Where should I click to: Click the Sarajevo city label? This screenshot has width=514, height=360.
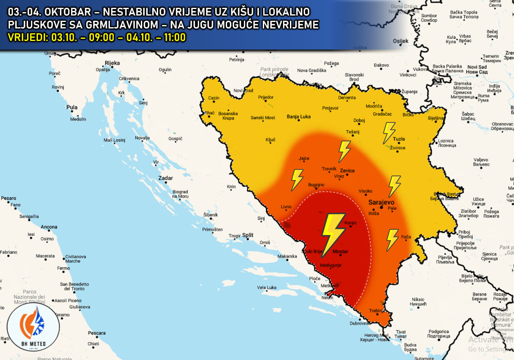tap(381, 201)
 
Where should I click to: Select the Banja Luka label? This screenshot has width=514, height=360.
tap(299, 116)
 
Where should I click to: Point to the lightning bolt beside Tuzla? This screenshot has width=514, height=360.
tap(389, 132)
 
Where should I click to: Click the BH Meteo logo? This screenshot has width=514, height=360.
tap(33, 328)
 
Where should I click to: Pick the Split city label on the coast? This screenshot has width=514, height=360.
tap(248, 235)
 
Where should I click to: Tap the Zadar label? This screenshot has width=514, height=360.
tap(165, 178)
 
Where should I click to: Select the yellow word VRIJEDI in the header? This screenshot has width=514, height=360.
tap(27, 38)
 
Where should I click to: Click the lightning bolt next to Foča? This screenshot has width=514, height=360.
tap(392, 239)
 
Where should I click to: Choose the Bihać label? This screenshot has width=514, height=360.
tap(209, 113)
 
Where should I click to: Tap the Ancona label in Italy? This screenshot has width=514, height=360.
tap(49, 227)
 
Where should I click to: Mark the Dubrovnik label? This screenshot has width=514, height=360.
tap(360, 323)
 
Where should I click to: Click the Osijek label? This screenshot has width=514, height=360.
tap(400, 41)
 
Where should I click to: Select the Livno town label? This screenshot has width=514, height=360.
tap(286, 207)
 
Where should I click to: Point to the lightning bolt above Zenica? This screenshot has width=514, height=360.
tap(344, 151)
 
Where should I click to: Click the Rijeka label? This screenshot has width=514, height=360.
tap(112, 63)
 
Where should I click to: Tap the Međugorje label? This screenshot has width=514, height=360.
tap(330, 265)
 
